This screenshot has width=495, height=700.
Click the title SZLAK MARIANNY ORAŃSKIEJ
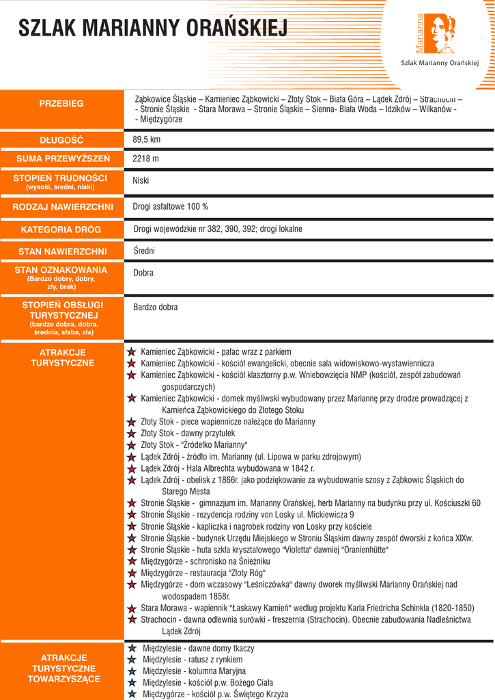153,28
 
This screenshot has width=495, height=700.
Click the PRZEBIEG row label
61,103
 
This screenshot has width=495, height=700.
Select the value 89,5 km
146,139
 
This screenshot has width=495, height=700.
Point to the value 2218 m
145,159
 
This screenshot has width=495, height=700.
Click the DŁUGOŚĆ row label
61,140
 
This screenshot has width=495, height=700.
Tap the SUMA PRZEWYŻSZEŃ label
61,159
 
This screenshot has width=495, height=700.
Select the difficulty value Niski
141,181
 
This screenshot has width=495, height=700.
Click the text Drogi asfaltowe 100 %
171,206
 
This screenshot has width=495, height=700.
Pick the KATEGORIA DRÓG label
61,230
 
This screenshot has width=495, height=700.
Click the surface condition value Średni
144,251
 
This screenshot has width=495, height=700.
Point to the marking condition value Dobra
143,273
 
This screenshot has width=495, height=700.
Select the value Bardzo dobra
156,307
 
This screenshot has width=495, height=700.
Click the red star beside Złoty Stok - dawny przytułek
131,433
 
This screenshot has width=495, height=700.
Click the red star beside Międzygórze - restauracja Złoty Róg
131,573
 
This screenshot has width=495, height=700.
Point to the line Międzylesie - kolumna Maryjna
194,671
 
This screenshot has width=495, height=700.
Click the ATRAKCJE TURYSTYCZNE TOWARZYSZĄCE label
63,668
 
